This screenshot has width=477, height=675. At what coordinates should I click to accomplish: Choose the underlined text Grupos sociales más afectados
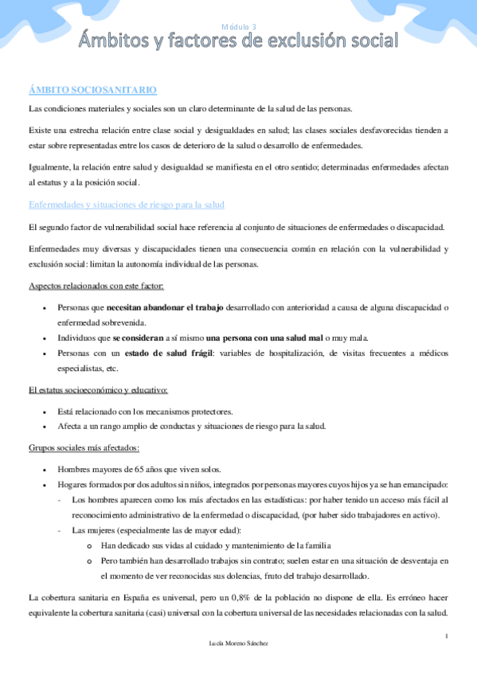click(x=84, y=447)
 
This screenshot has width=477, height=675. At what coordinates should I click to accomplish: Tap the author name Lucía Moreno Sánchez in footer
click(x=238, y=642)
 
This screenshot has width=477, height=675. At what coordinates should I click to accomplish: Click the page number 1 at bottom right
click(x=448, y=635)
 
